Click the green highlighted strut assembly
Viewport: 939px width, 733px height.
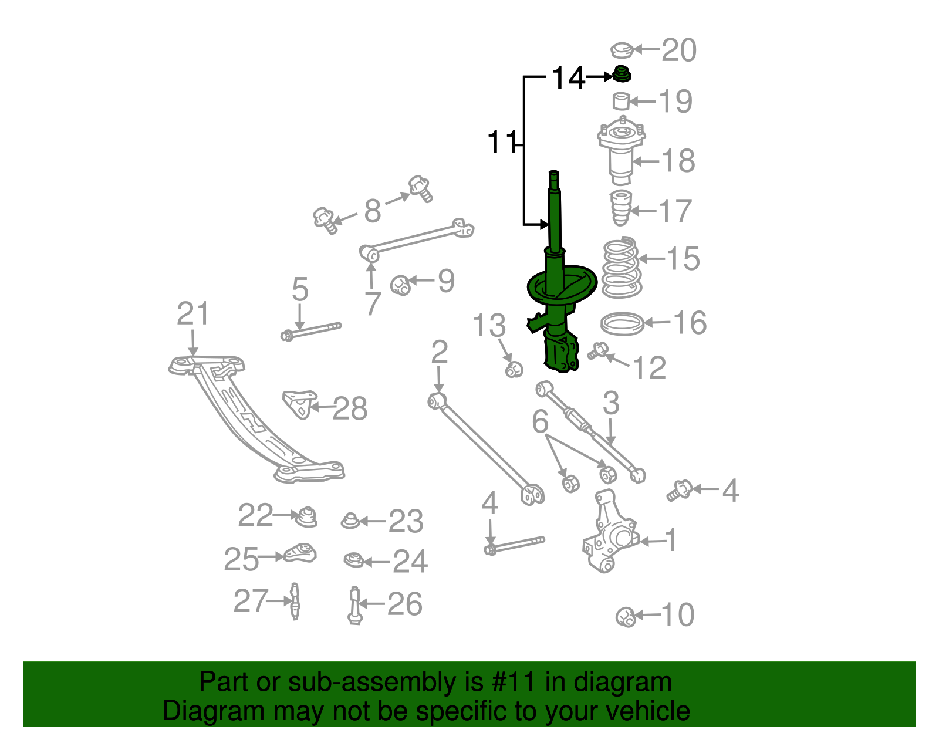pos(555,293)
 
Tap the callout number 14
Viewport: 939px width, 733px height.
pos(568,78)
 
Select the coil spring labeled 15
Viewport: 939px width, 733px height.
pos(622,268)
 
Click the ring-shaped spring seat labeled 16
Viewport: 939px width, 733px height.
pos(622,323)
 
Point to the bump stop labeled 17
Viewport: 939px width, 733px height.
pos(620,208)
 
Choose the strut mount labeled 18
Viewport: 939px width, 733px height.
pos(621,150)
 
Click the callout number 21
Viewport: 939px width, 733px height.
pos(192,314)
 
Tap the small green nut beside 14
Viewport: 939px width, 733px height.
pos(621,75)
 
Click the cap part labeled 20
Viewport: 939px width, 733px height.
pos(622,50)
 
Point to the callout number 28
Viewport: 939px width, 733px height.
pos(350,408)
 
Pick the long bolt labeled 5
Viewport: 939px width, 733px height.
pos(311,332)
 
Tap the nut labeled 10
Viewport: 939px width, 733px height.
pos(626,617)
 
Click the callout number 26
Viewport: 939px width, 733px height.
pos(404,604)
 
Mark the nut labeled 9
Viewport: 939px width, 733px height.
pos(401,285)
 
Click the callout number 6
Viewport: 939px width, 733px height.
pos(540,421)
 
